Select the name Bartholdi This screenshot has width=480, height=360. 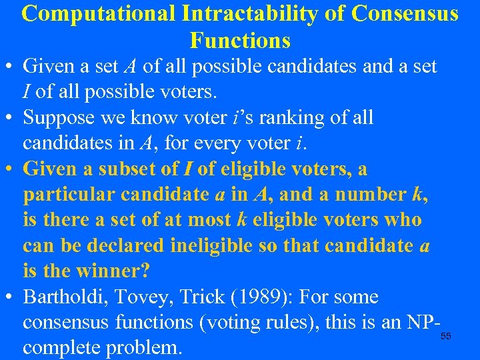pos(63,297)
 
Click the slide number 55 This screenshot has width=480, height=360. pos(445,337)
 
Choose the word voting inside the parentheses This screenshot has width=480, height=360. pos(224,323)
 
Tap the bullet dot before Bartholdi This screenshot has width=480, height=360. pos(11,298)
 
